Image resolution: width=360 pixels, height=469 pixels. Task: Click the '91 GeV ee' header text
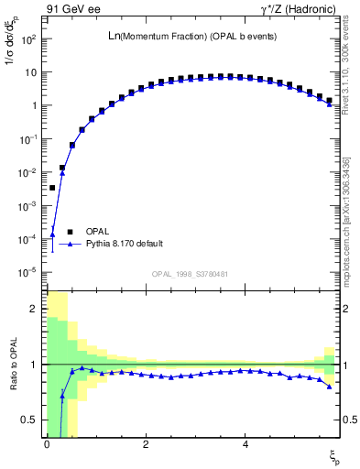72,10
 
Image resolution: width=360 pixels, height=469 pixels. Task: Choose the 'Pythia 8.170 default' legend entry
124,244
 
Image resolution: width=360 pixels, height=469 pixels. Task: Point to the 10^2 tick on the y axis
28,39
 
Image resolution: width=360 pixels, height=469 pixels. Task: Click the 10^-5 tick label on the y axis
28,272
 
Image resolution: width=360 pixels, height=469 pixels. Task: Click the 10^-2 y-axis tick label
28,172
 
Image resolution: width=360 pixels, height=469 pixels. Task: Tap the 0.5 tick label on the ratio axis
30,420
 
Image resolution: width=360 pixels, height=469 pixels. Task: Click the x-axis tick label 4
245,444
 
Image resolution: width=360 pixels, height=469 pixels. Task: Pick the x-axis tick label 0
46,444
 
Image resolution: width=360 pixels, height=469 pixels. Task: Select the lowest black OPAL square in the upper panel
52,188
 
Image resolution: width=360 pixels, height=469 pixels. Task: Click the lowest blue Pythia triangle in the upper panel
52,234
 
